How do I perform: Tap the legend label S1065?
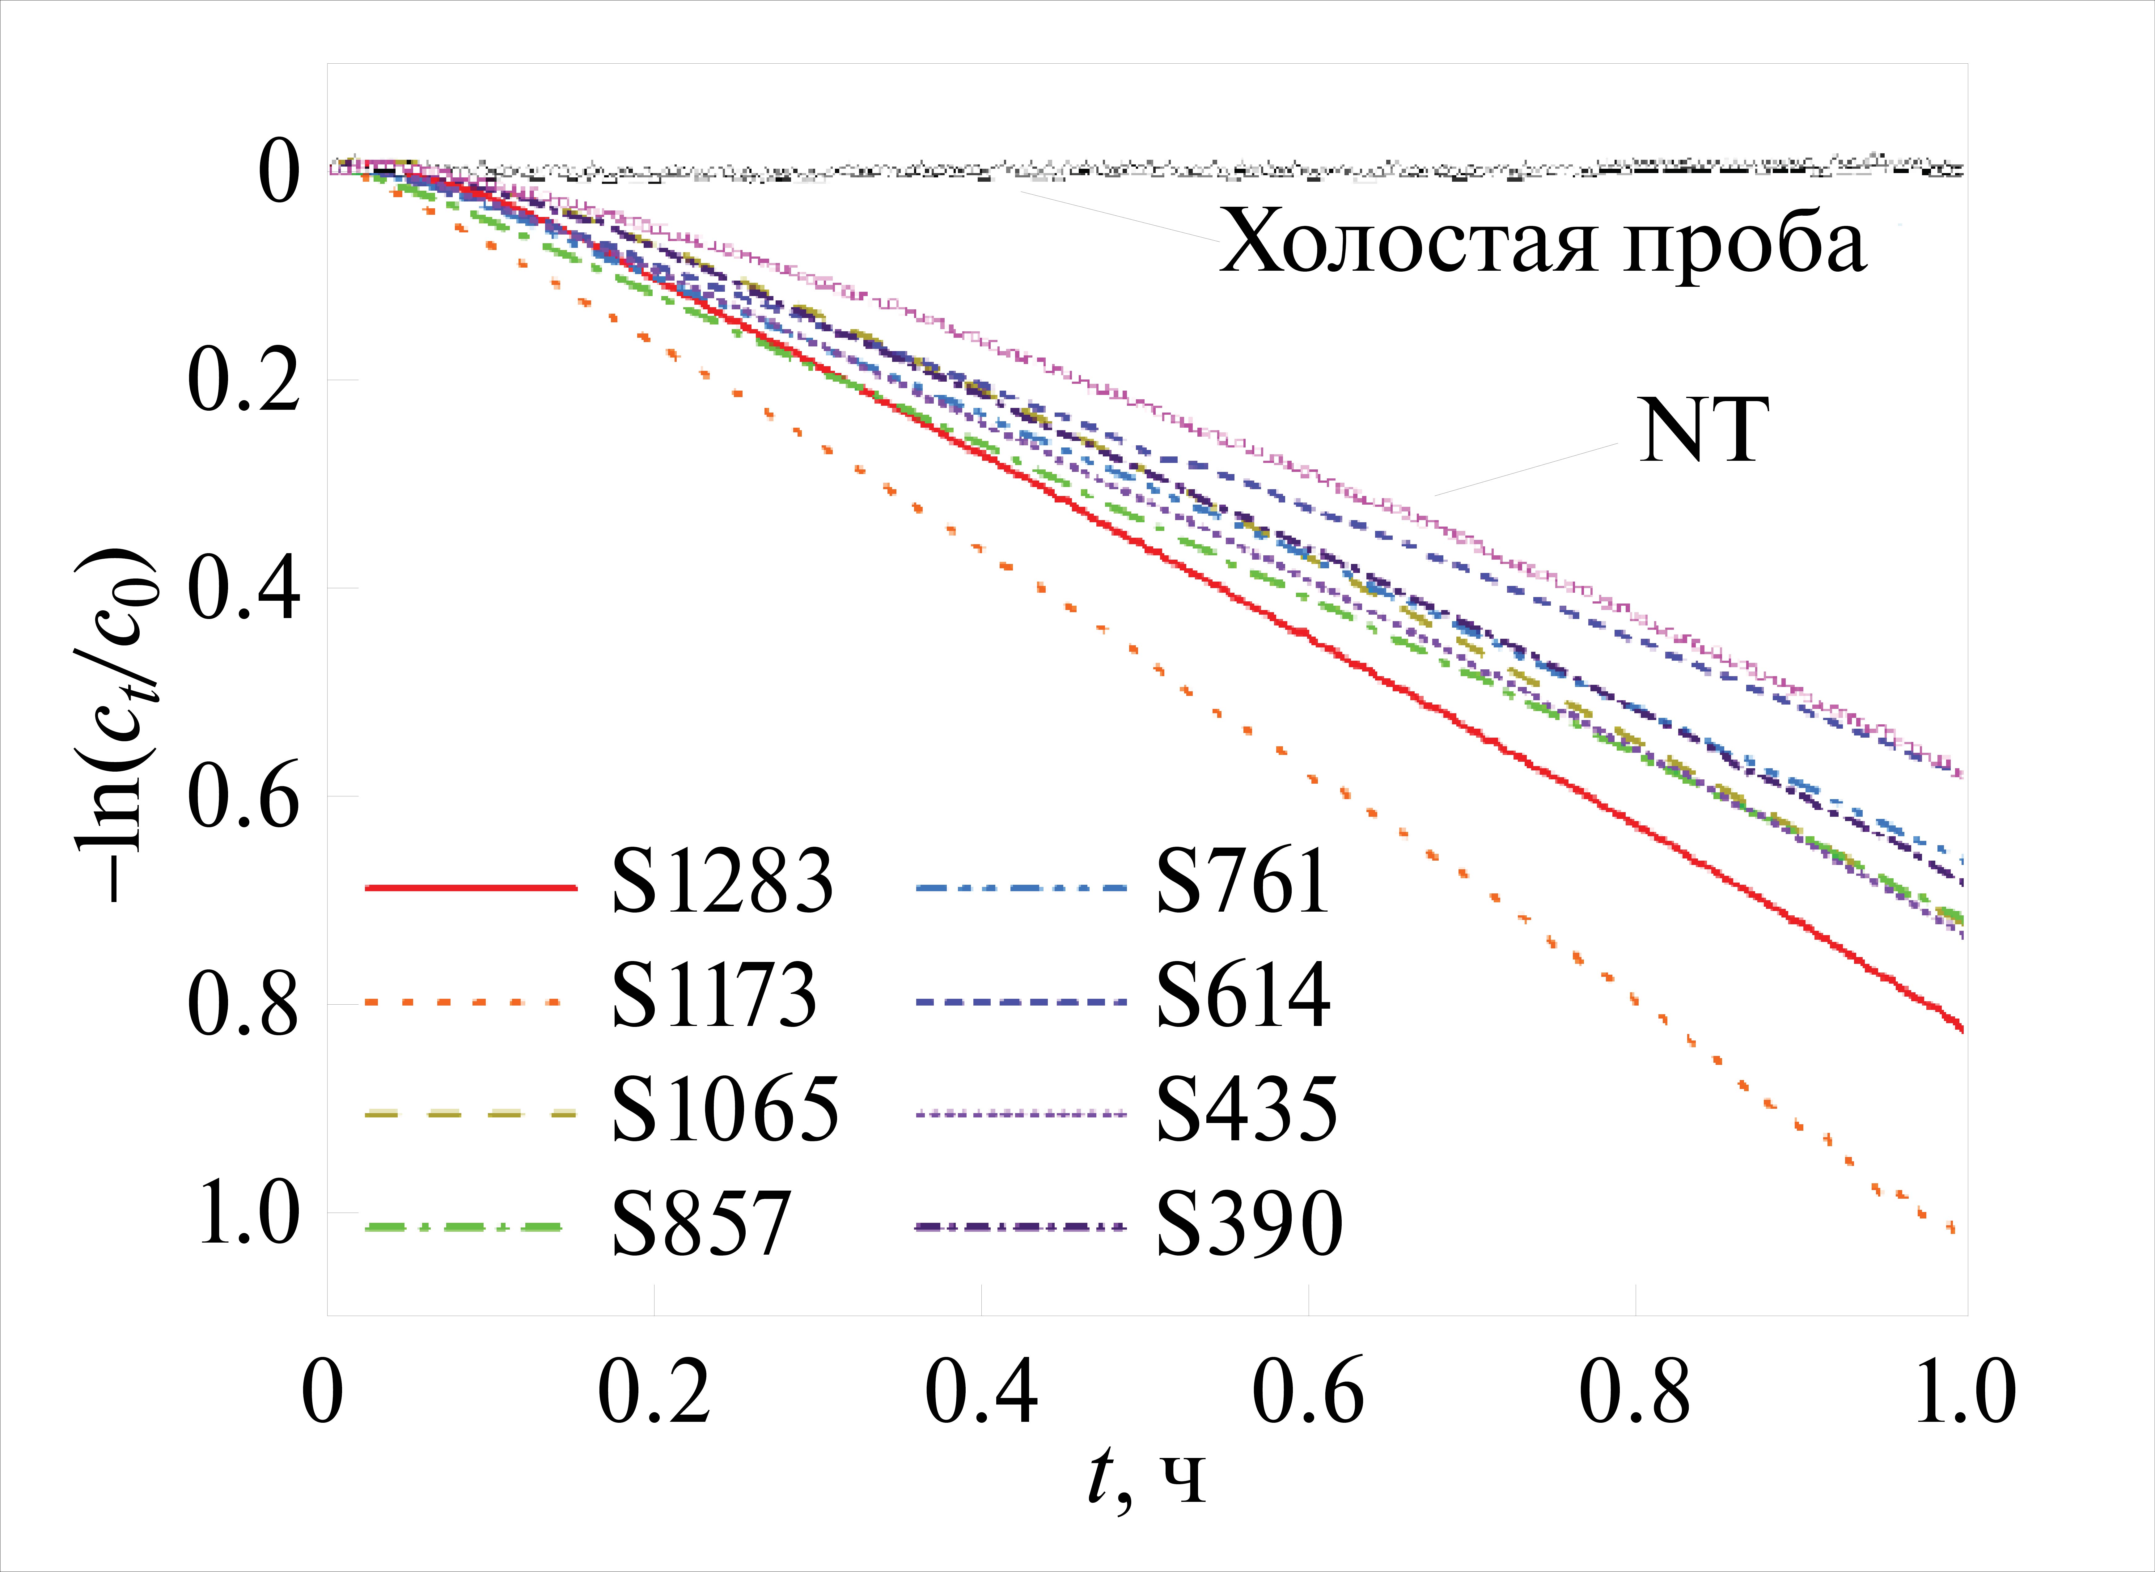(x=725, y=1109)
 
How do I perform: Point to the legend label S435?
(x=1247, y=1109)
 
